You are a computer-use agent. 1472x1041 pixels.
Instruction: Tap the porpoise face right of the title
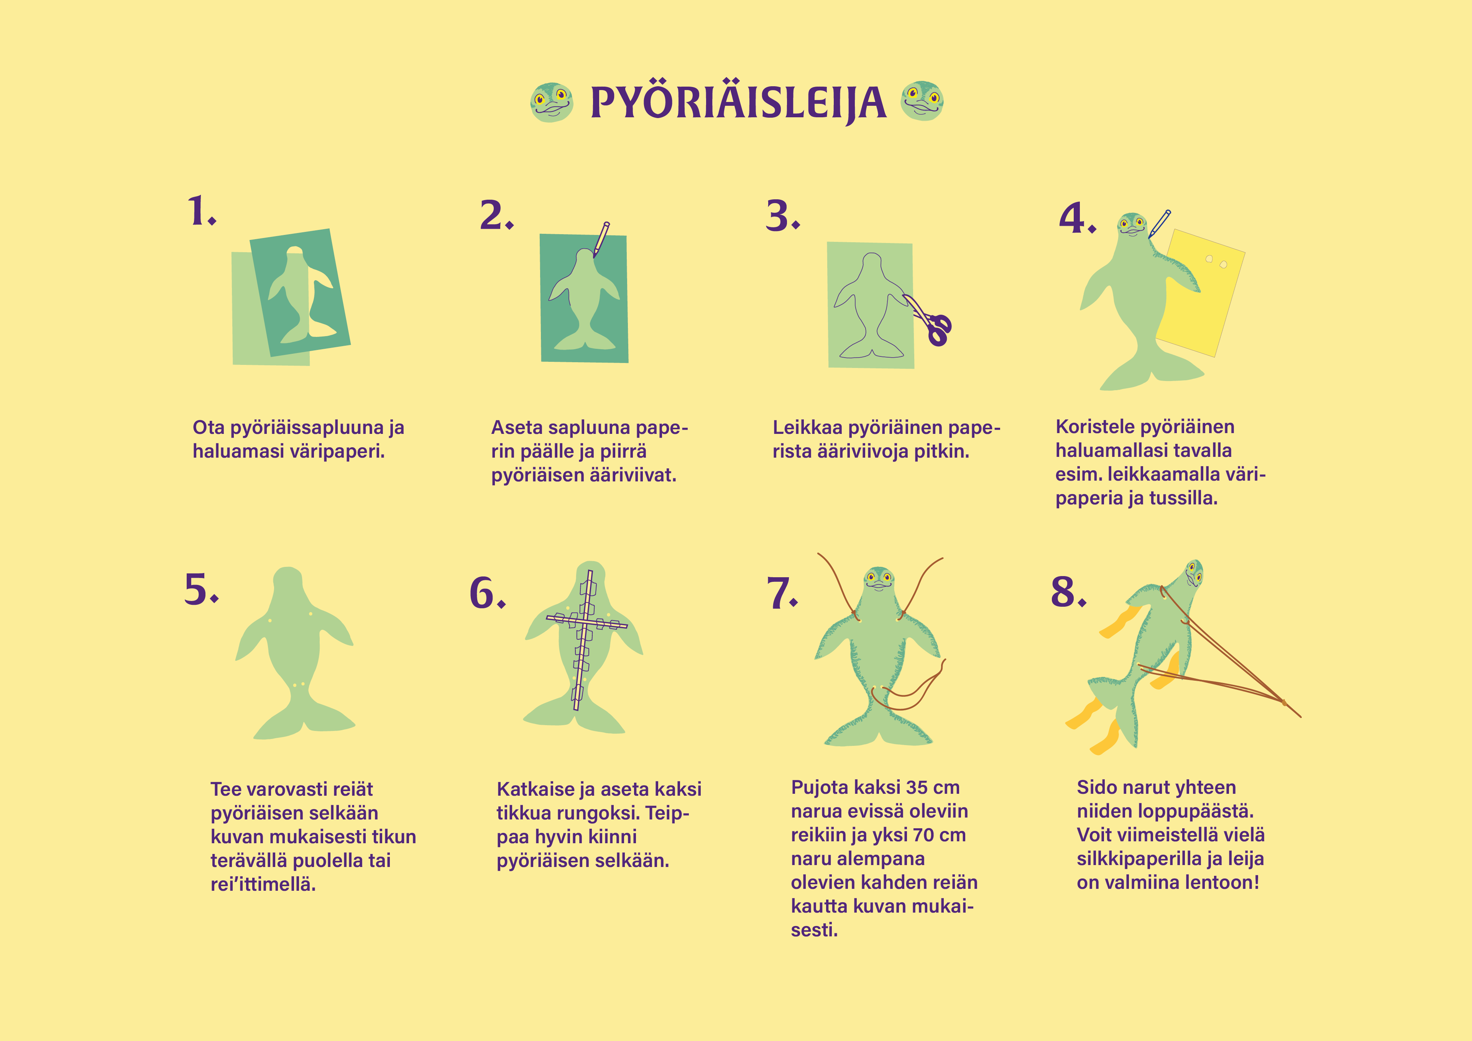coord(922,101)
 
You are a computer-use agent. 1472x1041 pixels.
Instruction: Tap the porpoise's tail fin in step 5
coord(304,718)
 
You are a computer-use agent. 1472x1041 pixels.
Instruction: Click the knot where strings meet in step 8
coord(1284,703)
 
